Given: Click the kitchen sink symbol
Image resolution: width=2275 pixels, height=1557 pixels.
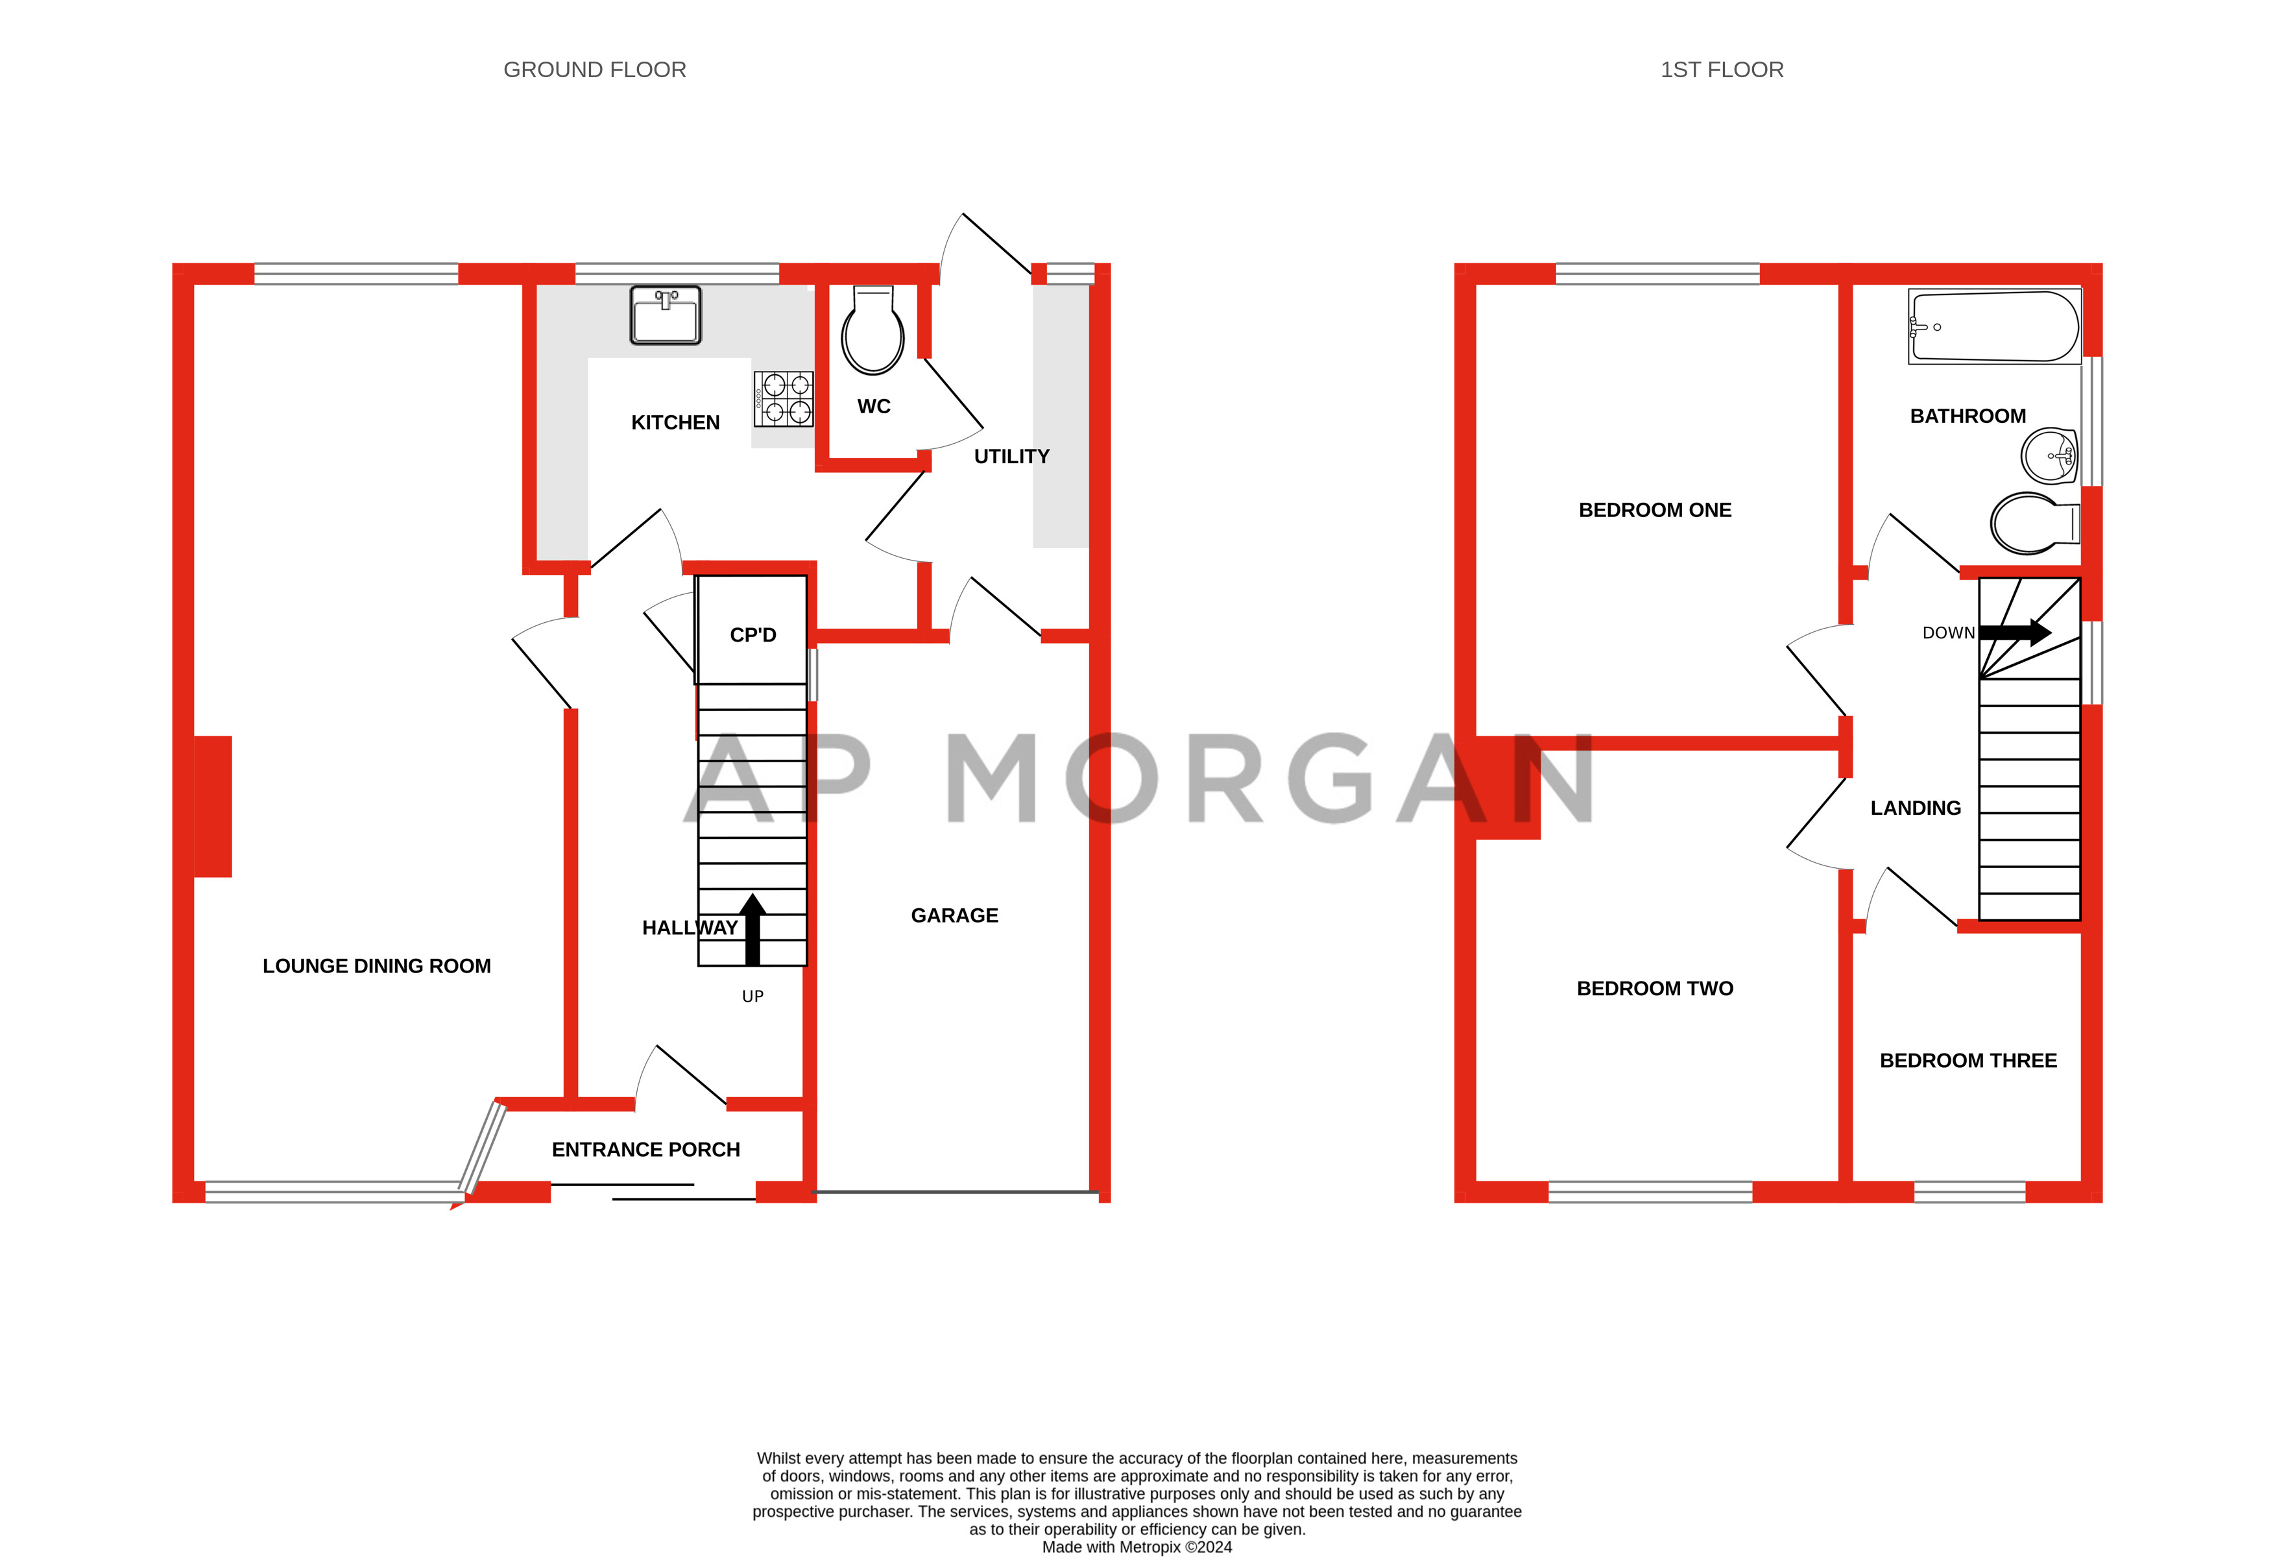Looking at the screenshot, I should (666, 315).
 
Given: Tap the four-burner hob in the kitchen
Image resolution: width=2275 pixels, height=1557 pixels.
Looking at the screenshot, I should (783, 398).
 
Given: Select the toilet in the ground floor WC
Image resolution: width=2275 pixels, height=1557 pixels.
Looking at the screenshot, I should (873, 331).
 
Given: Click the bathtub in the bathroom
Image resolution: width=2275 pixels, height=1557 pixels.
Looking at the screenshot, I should (1994, 326).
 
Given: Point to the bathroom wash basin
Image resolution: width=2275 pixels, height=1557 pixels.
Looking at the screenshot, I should (2049, 456).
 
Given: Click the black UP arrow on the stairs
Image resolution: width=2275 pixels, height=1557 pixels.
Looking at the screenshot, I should (752, 928).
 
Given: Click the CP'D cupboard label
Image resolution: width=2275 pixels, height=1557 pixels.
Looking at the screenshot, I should (752, 634).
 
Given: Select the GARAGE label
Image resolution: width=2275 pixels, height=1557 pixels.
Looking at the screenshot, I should (954, 915).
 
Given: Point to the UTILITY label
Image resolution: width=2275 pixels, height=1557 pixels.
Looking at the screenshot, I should (1011, 456).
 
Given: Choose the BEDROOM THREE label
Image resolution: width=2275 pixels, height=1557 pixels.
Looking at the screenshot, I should (1968, 1061).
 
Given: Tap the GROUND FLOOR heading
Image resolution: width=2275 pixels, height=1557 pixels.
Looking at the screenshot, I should (594, 69).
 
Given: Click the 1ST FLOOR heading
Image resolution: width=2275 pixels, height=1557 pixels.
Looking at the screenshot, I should (1721, 69).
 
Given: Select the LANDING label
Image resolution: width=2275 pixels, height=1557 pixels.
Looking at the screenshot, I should (1915, 808).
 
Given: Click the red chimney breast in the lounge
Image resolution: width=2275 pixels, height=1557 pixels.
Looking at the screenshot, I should (212, 806).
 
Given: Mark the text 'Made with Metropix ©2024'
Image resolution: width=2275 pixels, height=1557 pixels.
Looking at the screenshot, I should (1137, 1547).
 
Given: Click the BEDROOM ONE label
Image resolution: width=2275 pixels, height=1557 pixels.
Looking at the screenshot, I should (1654, 510).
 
